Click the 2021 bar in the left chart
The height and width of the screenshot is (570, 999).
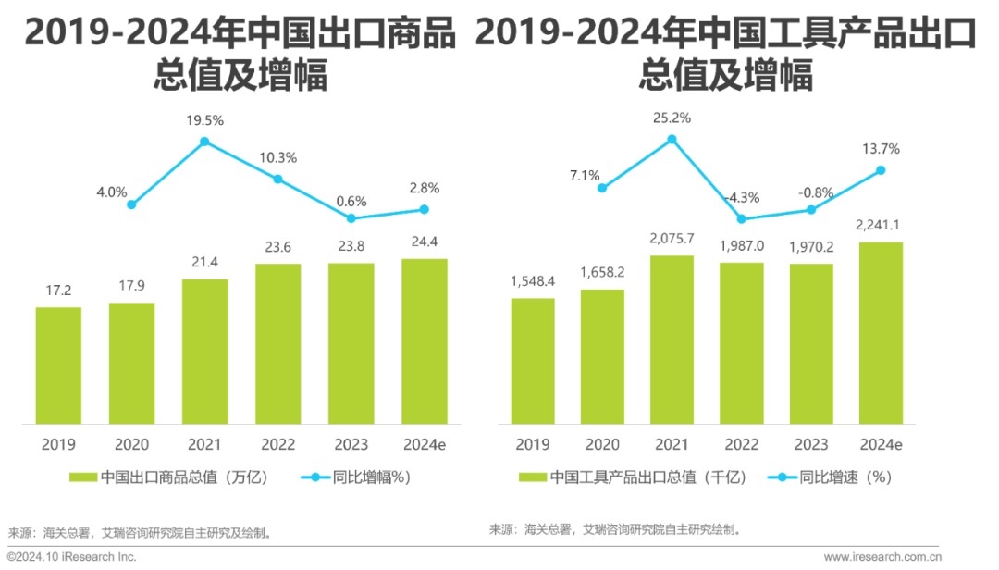point(204,352)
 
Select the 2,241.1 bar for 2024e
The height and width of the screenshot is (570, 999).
point(881,333)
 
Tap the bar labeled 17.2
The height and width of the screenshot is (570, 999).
point(58,366)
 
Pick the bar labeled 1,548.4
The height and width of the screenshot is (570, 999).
point(533,361)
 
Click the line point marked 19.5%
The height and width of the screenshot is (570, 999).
point(204,142)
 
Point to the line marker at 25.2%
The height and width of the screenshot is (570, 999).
point(672,139)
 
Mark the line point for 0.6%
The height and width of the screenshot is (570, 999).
point(351,218)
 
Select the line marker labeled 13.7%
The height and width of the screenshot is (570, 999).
point(881,170)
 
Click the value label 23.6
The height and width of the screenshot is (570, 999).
point(277,247)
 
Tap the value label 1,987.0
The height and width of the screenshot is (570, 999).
point(742,245)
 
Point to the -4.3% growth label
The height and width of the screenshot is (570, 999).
point(742,198)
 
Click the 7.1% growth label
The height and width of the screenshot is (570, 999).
point(585,175)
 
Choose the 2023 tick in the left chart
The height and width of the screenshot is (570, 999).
point(351,444)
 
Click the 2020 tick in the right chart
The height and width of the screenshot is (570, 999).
point(602,444)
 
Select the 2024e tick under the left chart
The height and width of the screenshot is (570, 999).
point(425,444)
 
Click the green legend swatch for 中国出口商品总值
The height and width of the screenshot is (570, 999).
point(83,477)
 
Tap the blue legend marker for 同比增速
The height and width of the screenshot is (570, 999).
point(782,477)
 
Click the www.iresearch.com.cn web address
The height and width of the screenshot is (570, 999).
point(882,557)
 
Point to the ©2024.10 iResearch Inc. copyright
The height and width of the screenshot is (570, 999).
point(72,557)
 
